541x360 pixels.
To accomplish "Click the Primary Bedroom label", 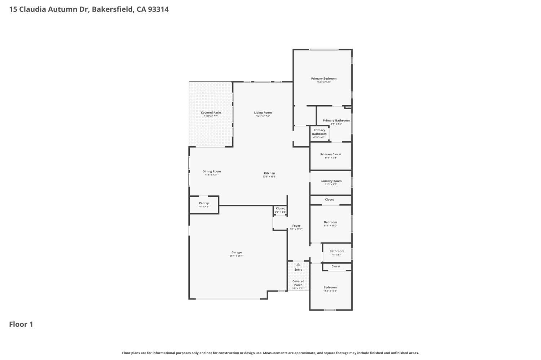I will (324, 79).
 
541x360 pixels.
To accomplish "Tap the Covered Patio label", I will (211, 113).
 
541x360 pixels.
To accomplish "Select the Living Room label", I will (263, 113).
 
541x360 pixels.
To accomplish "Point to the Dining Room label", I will (211, 172).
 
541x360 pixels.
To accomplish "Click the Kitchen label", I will (269, 173).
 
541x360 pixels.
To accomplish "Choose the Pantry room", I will (204, 204).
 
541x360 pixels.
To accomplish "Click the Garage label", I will (236, 253).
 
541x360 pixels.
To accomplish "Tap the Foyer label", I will (296, 226).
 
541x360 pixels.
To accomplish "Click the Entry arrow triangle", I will (298, 265).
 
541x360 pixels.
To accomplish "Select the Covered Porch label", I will (298, 283).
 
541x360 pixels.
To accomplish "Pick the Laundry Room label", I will (331, 181).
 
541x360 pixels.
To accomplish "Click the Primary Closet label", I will (331, 155).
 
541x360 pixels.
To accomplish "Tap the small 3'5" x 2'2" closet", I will (280, 210).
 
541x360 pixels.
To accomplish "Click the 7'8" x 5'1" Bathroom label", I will (337, 252).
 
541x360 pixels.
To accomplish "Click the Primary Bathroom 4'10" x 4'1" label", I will (319, 132).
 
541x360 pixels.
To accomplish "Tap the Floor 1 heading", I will (21, 324).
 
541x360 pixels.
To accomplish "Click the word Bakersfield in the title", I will (112, 9).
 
